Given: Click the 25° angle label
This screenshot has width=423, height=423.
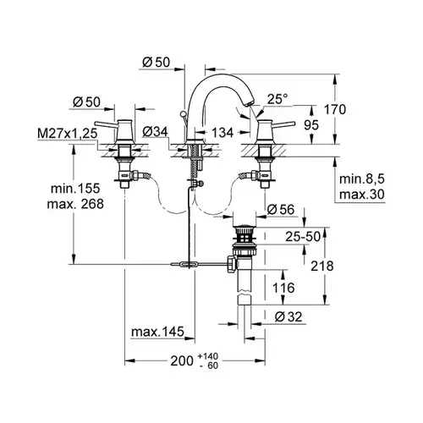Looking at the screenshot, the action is coord(277,99).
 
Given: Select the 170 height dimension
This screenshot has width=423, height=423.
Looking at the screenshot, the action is coord(334,109).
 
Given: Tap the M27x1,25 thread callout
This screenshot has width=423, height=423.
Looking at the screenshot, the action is coord(67,134).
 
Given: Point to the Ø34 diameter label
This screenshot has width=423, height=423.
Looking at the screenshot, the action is coord(155,131).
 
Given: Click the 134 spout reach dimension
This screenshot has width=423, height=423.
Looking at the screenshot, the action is coord(222,133).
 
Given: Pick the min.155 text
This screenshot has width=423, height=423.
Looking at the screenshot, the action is coord(75,188).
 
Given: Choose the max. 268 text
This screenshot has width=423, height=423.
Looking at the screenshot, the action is coord(75,204).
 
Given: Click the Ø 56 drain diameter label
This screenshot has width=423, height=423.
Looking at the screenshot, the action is coord(281,210).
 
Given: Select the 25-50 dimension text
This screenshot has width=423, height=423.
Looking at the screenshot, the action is coord(303,237).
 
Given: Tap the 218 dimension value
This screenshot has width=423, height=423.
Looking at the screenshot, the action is coord(322,266).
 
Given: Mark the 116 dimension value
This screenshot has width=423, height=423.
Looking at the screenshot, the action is coord(283,288).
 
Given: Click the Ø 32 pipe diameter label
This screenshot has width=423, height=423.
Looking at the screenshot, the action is coord(288,317).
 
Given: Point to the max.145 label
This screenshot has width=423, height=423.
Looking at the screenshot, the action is coord(157,332).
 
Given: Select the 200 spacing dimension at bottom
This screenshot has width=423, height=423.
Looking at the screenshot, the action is coord(182,360).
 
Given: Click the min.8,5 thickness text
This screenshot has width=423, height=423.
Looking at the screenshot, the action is coord(362,179).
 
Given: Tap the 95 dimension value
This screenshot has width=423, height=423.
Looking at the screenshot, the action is coord(311,125).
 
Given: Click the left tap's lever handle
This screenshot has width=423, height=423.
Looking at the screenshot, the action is coord(106,124).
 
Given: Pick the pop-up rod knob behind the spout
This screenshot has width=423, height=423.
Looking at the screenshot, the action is coord(183,114).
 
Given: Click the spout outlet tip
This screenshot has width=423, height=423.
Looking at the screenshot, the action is coord(249,105).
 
